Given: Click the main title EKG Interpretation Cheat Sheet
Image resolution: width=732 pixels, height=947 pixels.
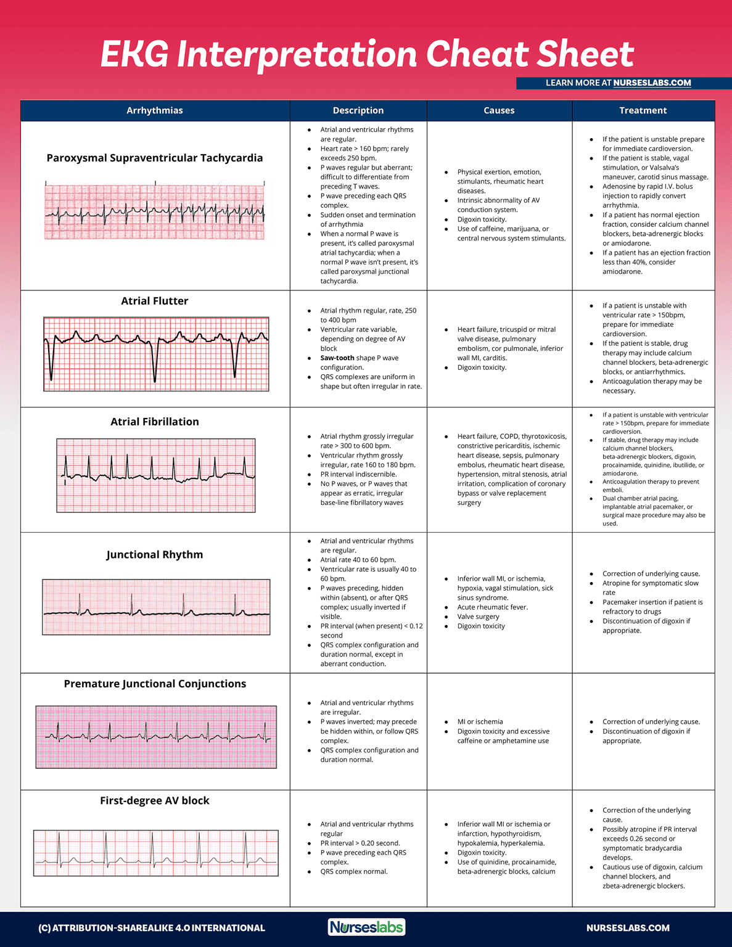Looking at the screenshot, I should coord(367,54).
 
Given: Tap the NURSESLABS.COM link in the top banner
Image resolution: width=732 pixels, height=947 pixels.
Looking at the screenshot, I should coord(652,83).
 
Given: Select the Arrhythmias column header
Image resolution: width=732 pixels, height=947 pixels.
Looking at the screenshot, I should coord(155,111).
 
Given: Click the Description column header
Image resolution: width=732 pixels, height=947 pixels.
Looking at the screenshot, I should coord(358,111).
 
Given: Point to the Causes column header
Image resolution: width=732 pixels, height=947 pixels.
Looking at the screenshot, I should coord(499,111).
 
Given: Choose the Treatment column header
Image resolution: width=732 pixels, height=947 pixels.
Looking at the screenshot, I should coord(643,111).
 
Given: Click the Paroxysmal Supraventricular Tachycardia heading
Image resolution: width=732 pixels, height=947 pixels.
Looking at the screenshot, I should coord(155,158).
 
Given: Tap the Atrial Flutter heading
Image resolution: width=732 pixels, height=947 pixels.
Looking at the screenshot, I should coord(155,301).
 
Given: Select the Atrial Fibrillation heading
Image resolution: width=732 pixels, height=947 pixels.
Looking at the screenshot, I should coord(155,422).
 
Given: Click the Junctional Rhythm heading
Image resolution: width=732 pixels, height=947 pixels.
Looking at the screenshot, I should coord(155,554).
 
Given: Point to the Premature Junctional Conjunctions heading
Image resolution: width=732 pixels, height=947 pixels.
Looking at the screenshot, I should coord(155,684).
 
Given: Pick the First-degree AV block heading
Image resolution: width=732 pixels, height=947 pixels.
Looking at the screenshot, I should coord(155,800).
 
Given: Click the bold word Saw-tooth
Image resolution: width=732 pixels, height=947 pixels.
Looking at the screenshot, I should coord(337,358).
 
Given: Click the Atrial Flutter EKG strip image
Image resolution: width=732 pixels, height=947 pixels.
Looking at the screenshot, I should coord(156,354).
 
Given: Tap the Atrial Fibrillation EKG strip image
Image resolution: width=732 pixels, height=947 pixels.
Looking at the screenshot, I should coord(156,475).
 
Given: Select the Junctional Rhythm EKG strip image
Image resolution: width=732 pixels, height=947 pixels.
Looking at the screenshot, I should coord(156,607).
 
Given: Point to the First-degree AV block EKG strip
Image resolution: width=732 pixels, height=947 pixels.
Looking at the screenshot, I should coord(156,853).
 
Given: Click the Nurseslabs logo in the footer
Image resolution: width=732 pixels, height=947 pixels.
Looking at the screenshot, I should coord(366,927).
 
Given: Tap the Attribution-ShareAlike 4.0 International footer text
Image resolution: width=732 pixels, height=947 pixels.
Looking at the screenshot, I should coord(152,928).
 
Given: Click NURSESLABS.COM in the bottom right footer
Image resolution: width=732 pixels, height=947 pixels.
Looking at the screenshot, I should coord(628,928).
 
